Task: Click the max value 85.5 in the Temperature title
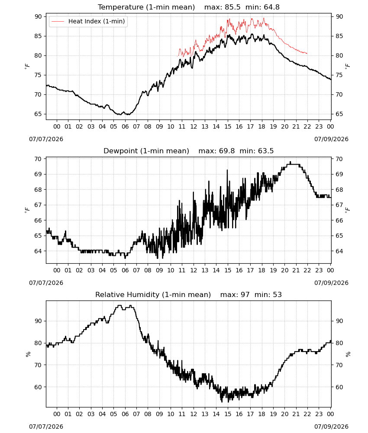(233, 7)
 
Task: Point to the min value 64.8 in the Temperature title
(271, 7)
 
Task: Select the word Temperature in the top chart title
(121, 7)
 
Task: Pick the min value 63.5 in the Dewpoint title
(266, 151)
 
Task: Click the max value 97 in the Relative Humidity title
(245, 294)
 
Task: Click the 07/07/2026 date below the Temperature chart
(46, 139)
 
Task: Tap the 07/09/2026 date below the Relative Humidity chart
(331, 427)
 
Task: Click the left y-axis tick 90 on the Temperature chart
(39, 16)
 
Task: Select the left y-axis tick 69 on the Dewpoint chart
(39, 174)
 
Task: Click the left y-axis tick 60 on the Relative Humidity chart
(39, 387)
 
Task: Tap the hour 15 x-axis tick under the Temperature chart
(228, 127)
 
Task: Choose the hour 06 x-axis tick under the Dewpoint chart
(125, 270)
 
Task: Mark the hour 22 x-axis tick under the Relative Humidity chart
(307, 414)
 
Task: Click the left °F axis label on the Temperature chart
(27, 66)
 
